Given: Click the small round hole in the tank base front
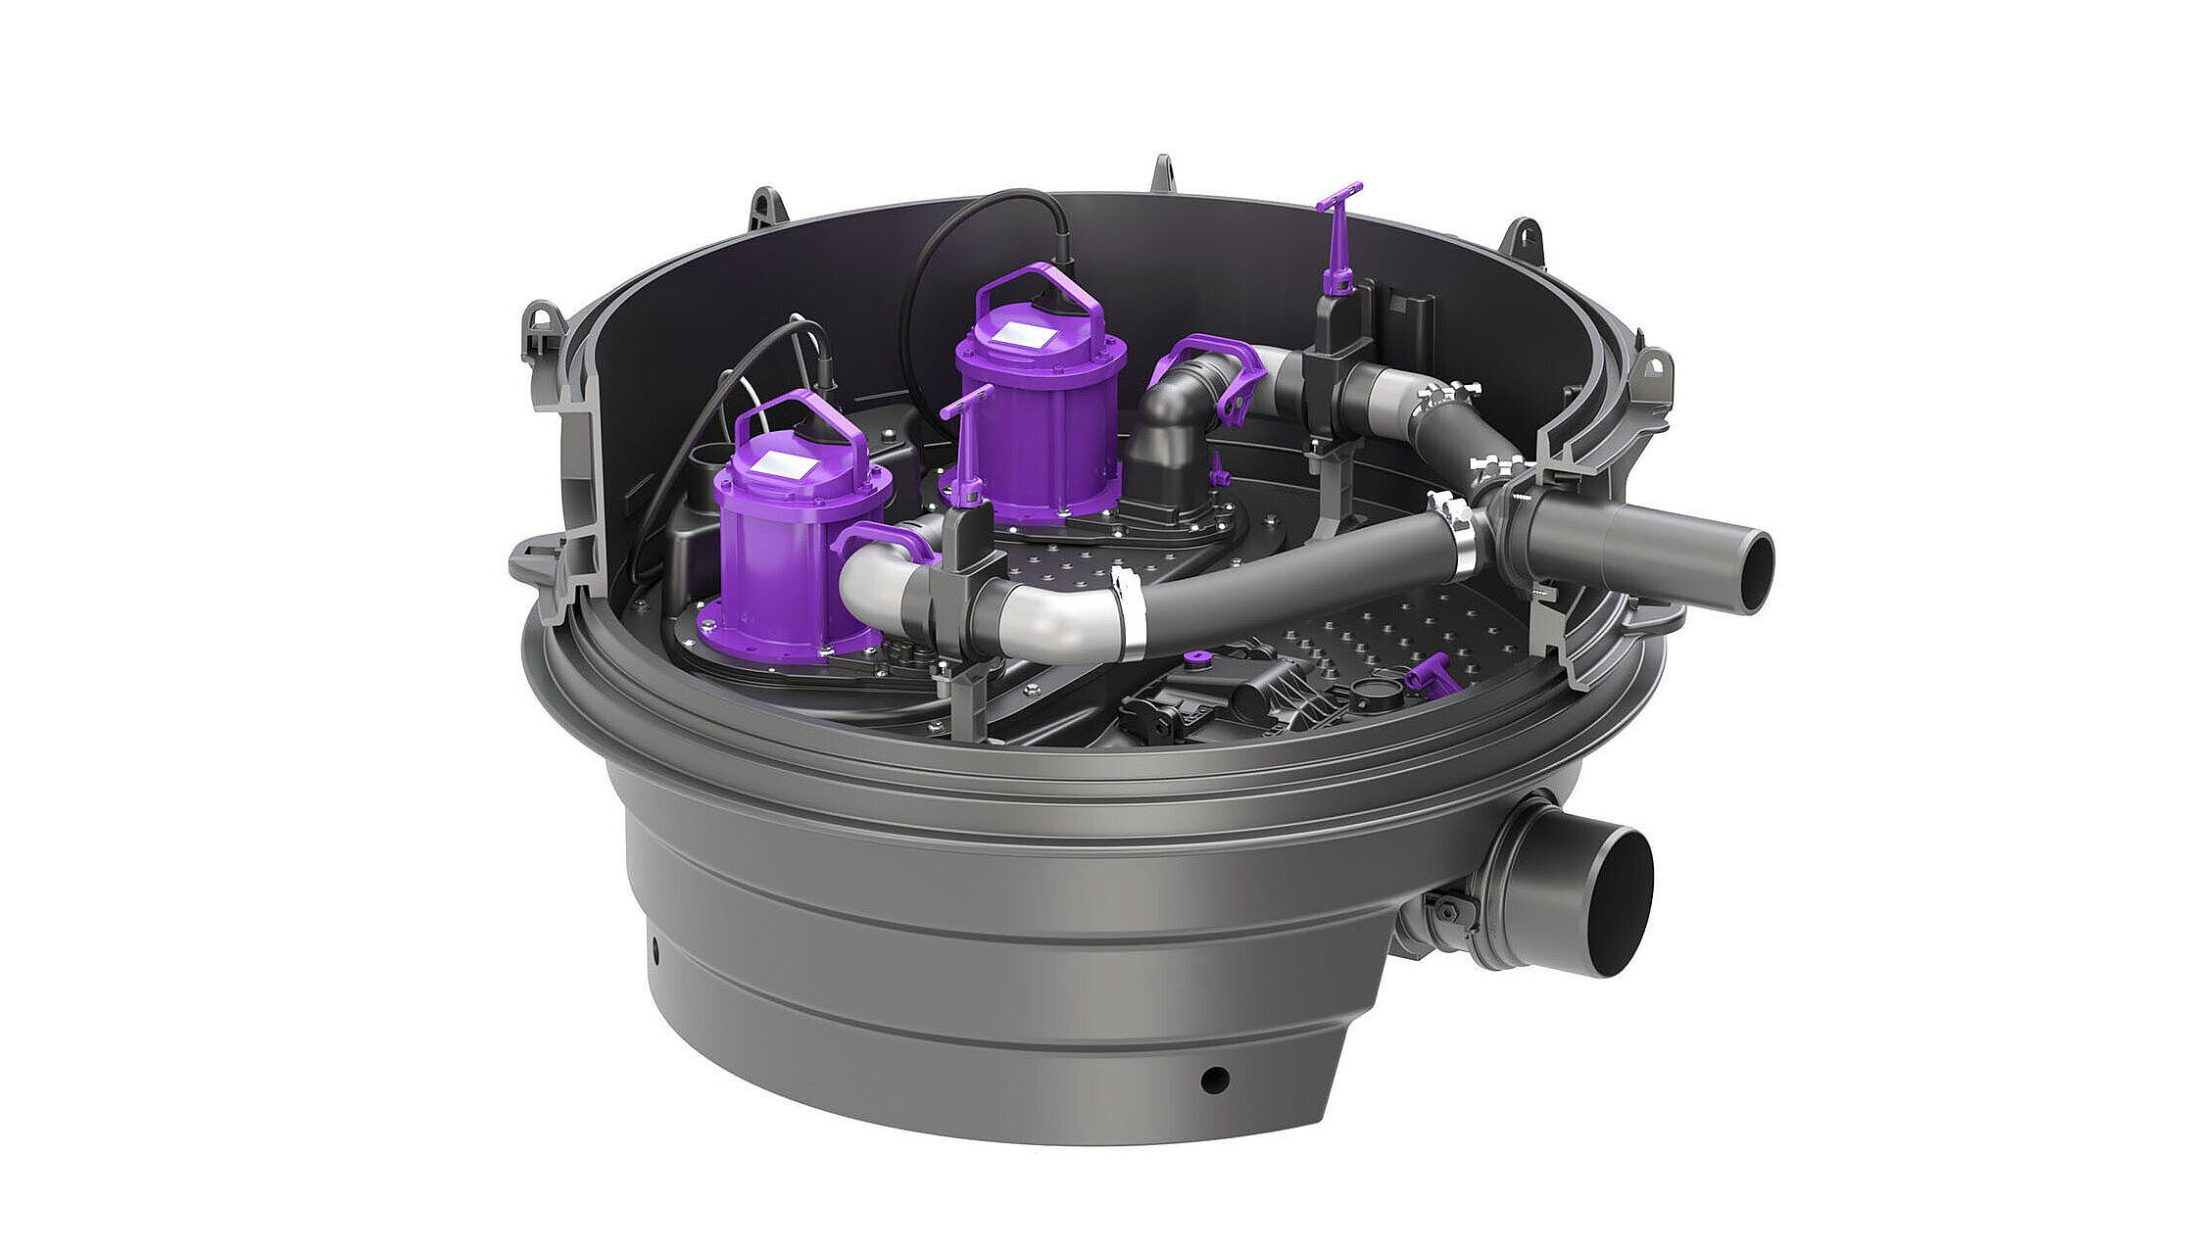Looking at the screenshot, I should pos(1214,1080).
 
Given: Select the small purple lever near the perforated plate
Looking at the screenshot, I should pos(1429,675).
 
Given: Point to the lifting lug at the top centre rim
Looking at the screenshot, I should pos(1162,174).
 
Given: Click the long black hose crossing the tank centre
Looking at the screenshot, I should pos(1293,578).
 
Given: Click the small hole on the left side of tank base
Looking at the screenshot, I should pos(654,948).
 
